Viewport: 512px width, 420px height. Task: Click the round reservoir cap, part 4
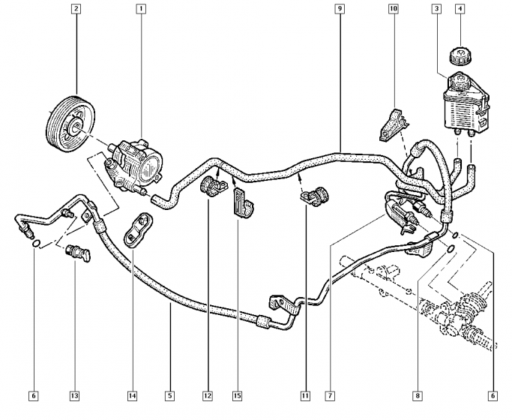[459, 55]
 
